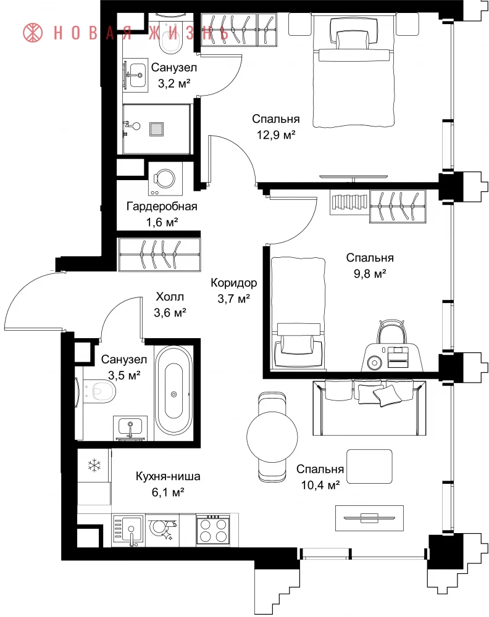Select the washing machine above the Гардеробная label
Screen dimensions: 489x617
point(165,178)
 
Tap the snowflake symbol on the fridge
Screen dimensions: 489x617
point(94,465)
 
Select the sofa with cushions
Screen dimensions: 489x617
point(369,407)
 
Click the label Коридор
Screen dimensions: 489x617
point(234,283)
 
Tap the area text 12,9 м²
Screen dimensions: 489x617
point(276,135)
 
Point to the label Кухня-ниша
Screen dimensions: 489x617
point(168,476)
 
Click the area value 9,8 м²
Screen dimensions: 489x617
point(370,273)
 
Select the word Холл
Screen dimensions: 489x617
point(170,296)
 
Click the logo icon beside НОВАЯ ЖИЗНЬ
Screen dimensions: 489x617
point(33,33)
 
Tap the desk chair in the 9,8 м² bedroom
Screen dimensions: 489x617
point(391,331)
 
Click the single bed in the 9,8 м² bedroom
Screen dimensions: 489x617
point(298,313)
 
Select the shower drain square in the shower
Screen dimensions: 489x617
point(156,129)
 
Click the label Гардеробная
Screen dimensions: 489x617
point(162,206)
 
